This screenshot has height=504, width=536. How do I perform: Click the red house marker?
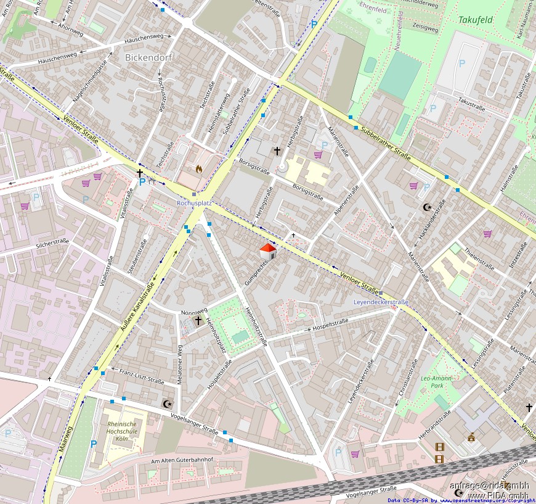click(267, 251)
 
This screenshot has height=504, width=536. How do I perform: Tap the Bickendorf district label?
click(148, 57)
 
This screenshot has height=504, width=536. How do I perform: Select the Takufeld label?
click(475, 20)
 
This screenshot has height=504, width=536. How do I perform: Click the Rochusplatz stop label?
click(194, 202)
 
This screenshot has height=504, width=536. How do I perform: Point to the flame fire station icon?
click(198, 168)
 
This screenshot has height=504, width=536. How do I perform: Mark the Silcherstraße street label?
click(52, 244)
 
